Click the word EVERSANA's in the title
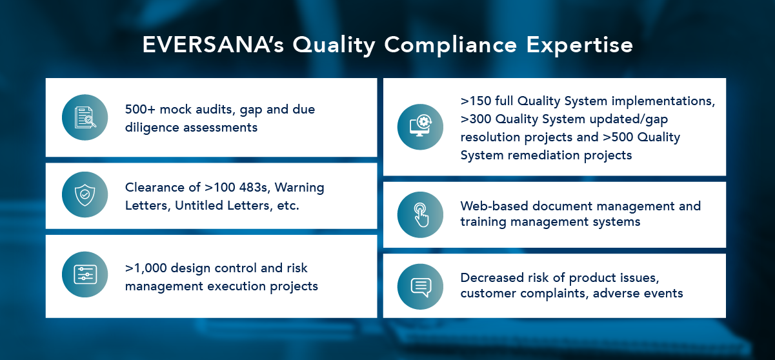tap(213, 45)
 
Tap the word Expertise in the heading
tap(579, 46)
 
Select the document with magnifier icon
tap(85, 117)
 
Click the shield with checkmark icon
tap(85, 195)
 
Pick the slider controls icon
tap(85, 274)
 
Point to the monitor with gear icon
tap(420, 126)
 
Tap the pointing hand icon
tap(421, 215)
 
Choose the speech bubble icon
tap(421, 287)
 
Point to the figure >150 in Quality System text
tap(476, 101)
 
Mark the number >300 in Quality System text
tap(476, 119)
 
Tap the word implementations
tap(663, 101)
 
